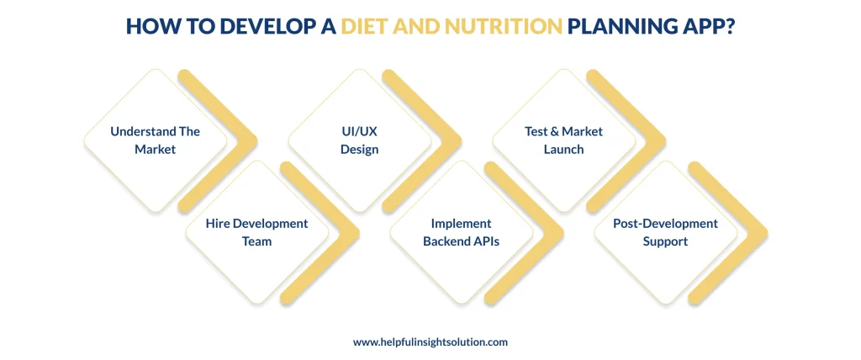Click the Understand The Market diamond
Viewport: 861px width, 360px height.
156,140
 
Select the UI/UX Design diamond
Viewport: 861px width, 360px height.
360,140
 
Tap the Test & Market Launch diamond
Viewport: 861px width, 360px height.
564,140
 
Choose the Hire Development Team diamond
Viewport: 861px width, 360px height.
257,232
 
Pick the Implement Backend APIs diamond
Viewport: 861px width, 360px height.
462,232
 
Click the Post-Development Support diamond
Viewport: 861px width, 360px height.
666,232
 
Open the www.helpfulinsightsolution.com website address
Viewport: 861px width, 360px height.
430,342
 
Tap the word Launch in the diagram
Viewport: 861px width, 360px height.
564,149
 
